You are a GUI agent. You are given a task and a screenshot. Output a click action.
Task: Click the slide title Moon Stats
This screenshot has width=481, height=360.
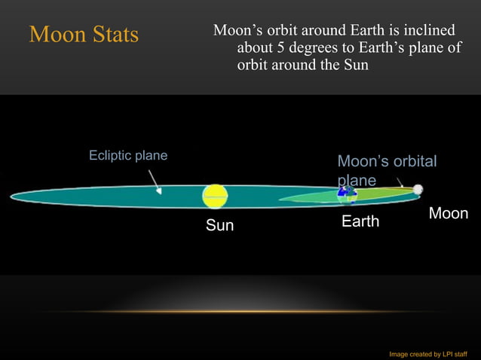coord(84,35)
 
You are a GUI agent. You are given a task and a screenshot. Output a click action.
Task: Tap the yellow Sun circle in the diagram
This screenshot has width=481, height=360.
coord(215,196)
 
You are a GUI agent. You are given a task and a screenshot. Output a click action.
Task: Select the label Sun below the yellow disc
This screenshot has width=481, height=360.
coord(220,225)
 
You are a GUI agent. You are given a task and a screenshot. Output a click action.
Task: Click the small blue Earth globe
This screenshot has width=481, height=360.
coord(346,194)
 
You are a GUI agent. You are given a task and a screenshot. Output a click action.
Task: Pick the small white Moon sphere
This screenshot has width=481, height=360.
coord(418,190)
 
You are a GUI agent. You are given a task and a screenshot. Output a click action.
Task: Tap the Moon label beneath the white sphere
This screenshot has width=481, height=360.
coord(449,214)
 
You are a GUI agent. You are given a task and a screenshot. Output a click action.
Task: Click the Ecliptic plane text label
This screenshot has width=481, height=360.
coord(128,156)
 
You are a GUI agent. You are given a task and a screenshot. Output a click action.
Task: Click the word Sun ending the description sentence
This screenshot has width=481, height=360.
coord(355,66)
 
